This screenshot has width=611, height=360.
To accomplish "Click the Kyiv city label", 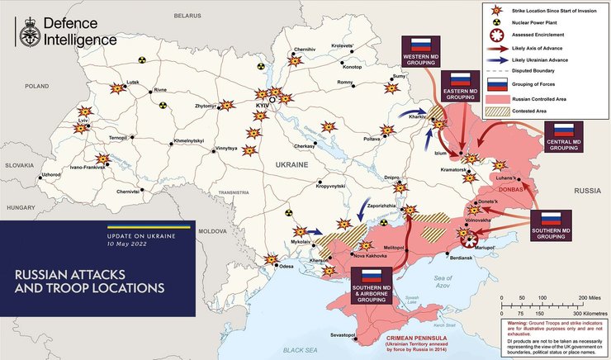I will click(x=263, y=107).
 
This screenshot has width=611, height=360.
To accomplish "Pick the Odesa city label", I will click(x=287, y=267).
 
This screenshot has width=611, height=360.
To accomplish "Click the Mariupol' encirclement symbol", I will click(x=469, y=241).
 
